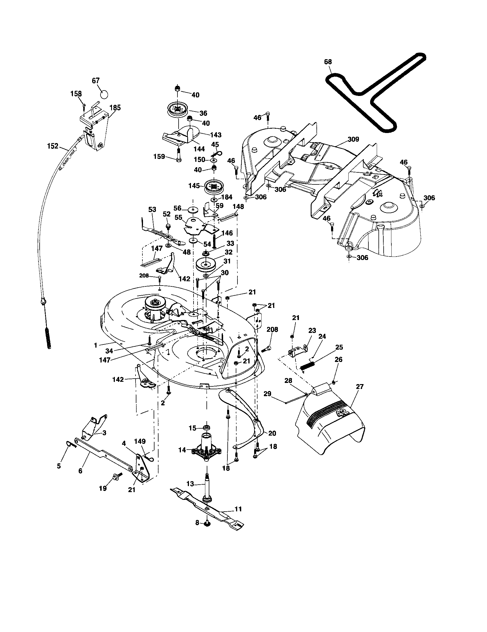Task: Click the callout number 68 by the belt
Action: tap(328, 62)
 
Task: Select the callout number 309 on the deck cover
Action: tap(353, 140)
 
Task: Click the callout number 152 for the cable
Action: tap(53, 147)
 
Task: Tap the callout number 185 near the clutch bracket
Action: tap(115, 108)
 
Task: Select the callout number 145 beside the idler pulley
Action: tap(194, 186)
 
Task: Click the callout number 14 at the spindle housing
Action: tap(182, 450)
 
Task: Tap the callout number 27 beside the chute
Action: tap(360, 387)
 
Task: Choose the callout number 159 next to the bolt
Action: tap(159, 157)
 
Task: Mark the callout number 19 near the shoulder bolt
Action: tap(103, 488)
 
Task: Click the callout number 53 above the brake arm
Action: tap(152, 209)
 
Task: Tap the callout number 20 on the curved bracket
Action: tap(272, 433)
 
